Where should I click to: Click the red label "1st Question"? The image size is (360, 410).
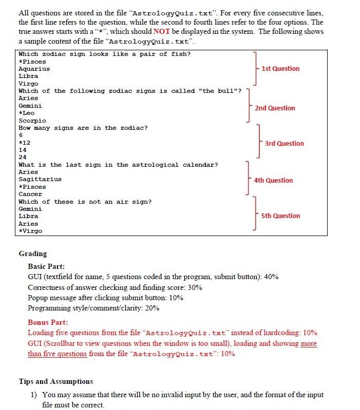pyautogui.click(x=280, y=68)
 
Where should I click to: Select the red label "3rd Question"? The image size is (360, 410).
pyautogui.click(x=284, y=143)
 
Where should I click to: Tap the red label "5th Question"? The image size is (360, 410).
pyautogui.click(x=280, y=216)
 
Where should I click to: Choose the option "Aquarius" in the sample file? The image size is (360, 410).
pyautogui.click(x=34, y=69)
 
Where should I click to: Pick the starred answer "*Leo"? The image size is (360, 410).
pyautogui.click(x=27, y=113)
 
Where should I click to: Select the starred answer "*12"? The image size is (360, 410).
pyautogui.click(x=25, y=142)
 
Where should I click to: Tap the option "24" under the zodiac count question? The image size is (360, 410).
pyautogui.click(x=23, y=157)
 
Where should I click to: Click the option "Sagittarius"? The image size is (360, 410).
pyautogui.click(x=40, y=179)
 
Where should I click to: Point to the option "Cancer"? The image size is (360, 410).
pyautogui.click(x=30, y=194)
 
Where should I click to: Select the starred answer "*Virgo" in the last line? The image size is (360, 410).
pyautogui.click(x=30, y=231)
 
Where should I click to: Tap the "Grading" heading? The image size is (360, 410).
pyautogui.click(x=32, y=253)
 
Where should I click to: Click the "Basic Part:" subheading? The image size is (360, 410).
pyautogui.click(x=46, y=266)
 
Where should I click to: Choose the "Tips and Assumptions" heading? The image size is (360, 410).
pyautogui.click(x=56, y=381)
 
